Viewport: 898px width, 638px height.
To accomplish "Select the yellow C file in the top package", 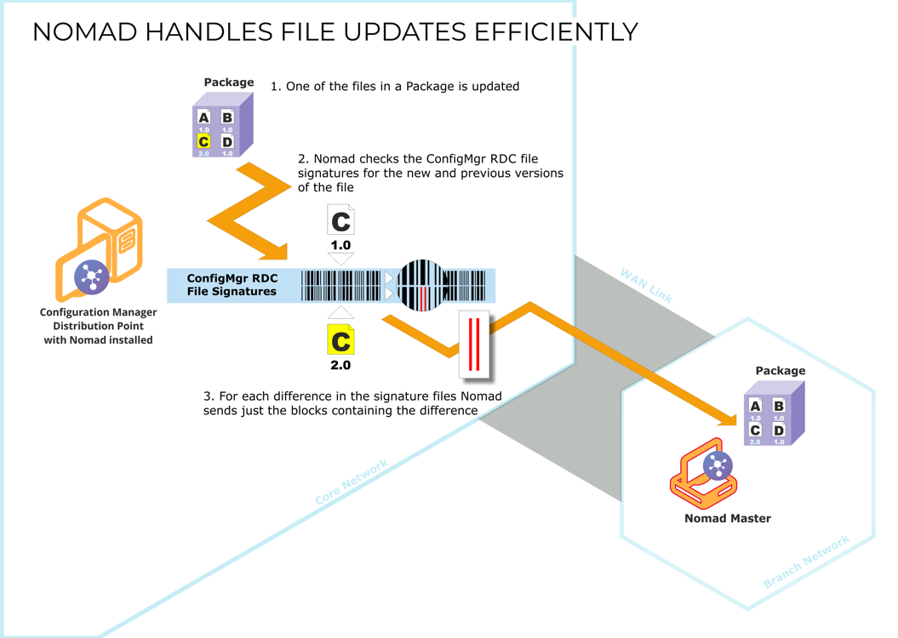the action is point(203,140).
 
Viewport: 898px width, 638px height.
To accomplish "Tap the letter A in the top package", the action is point(203,117).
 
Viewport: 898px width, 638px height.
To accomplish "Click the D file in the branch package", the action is point(779,430).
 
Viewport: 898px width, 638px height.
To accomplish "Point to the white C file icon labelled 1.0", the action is point(340,220).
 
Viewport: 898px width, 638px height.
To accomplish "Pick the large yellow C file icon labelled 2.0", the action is point(340,340).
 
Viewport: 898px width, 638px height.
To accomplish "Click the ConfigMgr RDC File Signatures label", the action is point(232,285).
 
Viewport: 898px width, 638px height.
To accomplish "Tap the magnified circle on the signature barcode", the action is point(421,285).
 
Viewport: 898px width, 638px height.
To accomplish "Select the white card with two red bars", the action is point(474,345).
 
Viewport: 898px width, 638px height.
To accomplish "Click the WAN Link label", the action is point(647,286).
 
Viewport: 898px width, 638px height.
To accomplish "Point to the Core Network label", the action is point(352,481).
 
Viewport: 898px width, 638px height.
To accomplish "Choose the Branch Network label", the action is point(806,562).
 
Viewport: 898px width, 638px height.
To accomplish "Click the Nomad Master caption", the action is point(728,518).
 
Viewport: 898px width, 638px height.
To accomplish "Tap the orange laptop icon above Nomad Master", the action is point(703,474).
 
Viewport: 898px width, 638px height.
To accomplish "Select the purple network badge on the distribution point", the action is point(92,277).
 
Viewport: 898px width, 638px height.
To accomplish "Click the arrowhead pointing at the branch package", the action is point(728,419).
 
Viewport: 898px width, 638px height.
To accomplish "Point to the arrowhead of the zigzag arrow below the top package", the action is point(277,252).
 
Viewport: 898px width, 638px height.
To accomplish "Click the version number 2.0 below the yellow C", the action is point(340,365).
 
